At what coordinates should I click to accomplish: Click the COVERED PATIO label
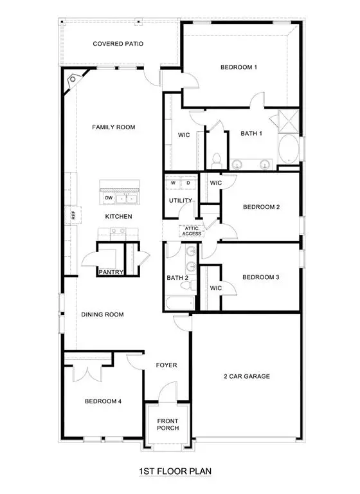tap(118, 44)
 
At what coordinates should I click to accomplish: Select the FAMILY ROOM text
tap(113, 127)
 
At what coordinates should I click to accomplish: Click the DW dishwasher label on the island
tap(109, 197)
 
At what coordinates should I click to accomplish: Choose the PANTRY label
tap(111, 272)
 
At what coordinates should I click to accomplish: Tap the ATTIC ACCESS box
tap(193, 231)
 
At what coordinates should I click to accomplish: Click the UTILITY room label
tap(181, 201)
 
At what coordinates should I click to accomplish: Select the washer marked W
tap(173, 183)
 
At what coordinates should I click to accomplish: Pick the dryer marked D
tap(188, 183)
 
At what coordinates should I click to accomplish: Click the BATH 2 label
tap(177, 278)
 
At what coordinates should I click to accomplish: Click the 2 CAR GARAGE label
tap(247, 376)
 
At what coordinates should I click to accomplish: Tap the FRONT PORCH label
tap(168, 425)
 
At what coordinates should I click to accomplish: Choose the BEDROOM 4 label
tap(103, 401)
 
